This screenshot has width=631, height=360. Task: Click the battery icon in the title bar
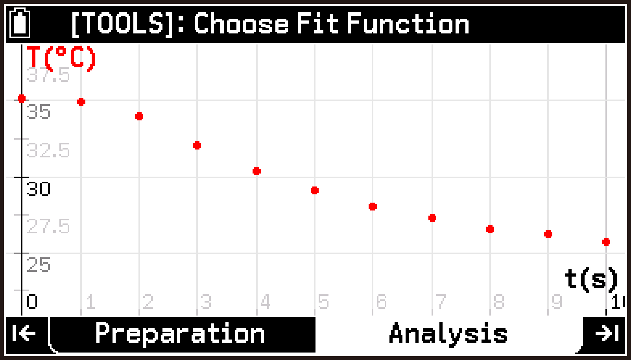click(x=20, y=23)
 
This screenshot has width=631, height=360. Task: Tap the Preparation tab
click(x=180, y=334)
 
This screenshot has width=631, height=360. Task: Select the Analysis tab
click(x=448, y=334)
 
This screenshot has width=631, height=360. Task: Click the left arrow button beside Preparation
click(x=24, y=334)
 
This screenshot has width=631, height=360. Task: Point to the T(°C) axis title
click(x=61, y=58)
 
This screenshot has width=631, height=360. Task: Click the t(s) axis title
click(x=591, y=279)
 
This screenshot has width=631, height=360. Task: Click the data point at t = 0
click(x=22, y=98)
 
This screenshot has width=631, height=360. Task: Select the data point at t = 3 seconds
click(x=197, y=146)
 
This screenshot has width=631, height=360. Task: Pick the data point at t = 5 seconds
click(x=315, y=190)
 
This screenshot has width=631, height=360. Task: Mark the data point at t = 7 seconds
click(x=432, y=218)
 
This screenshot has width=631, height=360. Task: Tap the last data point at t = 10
click(x=606, y=242)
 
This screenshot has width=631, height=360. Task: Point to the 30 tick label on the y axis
click(x=39, y=189)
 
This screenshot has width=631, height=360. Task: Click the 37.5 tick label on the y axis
click(x=48, y=75)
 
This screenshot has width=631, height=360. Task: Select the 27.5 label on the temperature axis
click(x=48, y=227)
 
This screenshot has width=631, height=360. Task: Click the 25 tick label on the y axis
click(x=39, y=265)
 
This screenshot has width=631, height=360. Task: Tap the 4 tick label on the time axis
click(x=266, y=302)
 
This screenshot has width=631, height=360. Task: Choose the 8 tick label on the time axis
click(x=499, y=302)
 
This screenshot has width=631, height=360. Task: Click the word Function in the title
click(x=408, y=24)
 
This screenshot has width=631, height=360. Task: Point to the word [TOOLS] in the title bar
click(x=122, y=24)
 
